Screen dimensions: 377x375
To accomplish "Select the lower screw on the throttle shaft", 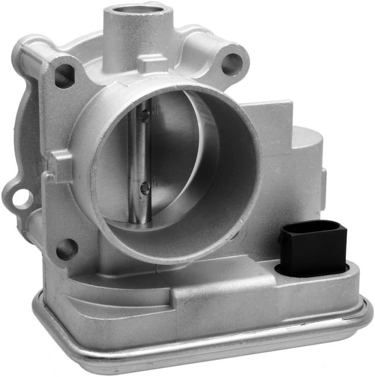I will coord(145,187).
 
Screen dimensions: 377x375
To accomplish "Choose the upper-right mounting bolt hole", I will coord(231,64).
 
